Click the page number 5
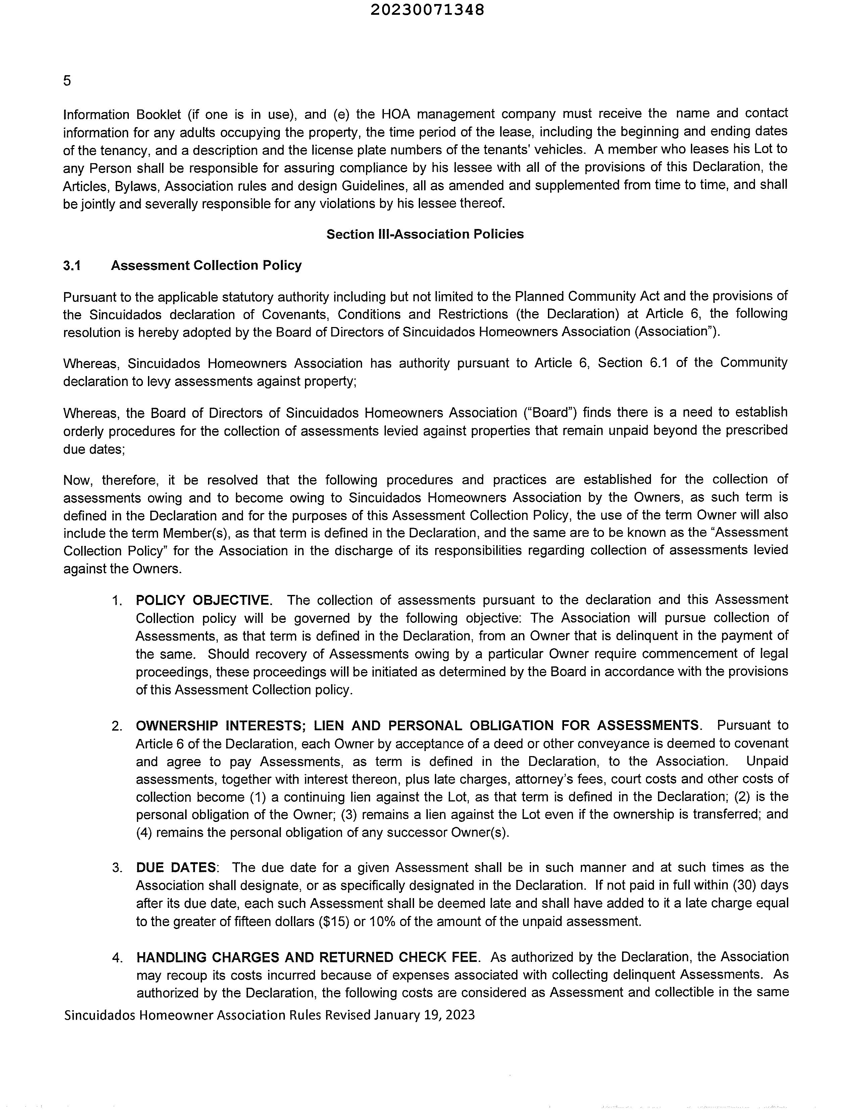tap(67, 81)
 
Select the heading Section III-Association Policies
tap(425, 234)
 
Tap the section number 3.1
tap(72, 265)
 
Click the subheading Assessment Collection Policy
tap(206, 265)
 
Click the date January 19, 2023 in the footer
tap(424, 1015)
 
